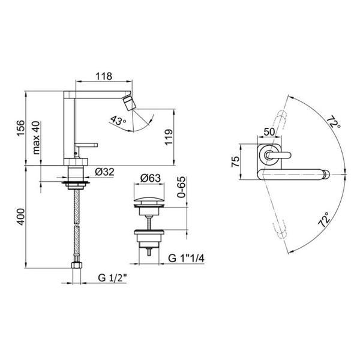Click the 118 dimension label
tap(104, 76)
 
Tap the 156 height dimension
tap(20, 128)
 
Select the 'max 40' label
tap(36, 138)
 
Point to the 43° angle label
tap(118, 121)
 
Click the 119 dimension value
tap(169, 137)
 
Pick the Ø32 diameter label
tap(104, 172)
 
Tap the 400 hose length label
tap(20, 217)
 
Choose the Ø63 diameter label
tap(151, 178)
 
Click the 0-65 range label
tap(181, 187)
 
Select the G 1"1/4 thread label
tap(186, 259)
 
